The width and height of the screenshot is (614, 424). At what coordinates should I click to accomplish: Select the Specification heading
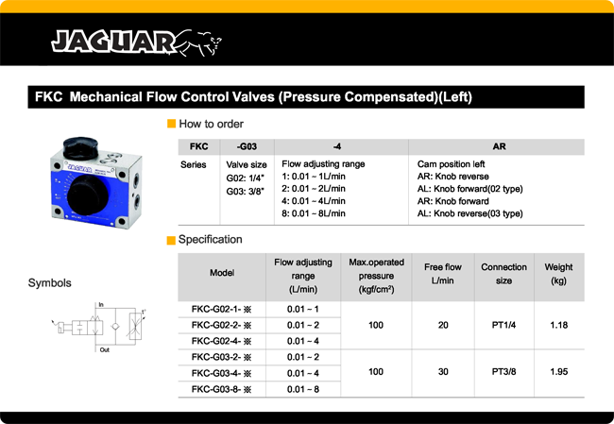(210, 240)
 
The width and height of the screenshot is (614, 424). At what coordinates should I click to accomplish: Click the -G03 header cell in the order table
(248, 146)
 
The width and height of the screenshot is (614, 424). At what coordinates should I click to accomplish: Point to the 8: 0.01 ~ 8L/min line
(314, 213)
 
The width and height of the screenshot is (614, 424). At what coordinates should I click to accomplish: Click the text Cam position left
(457, 164)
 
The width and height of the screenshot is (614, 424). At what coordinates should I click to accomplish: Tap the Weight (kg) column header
(558, 275)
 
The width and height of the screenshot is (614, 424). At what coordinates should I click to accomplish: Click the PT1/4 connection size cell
(503, 325)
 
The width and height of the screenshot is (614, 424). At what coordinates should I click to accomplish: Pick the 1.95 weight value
(558, 373)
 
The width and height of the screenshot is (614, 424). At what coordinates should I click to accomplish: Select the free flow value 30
(442, 373)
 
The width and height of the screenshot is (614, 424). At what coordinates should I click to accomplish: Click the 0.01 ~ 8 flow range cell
(303, 389)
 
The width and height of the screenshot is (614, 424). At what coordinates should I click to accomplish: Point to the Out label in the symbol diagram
(104, 349)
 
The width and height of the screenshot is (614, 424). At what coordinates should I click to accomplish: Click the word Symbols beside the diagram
(50, 282)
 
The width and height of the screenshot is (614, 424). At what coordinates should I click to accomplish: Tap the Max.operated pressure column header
(377, 275)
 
